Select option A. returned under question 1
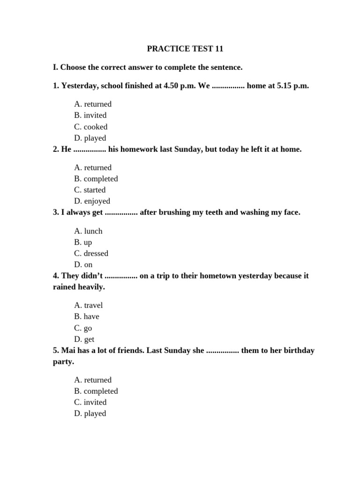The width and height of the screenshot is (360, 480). pyautogui.click(x=93, y=104)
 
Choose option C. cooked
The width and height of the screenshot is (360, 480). pyautogui.click(x=91, y=127)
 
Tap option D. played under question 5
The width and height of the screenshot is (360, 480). pyautogui.click(x=90, y=413)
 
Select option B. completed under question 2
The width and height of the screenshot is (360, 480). pyautogui.click(x=96, y=179)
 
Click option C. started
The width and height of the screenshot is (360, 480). pyautogui.click(x=90, y=190)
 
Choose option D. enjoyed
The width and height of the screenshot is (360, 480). pyautogui.click(x=92, y=201)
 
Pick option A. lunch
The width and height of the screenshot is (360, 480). pyautogui.click(x=88, y=231)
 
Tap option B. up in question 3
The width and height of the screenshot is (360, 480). pyautogui.click(x=83, y=242)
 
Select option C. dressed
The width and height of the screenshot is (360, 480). pyautogui.click(x=91, y=254)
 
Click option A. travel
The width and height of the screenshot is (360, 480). pyautogui.click(x=88, y=305)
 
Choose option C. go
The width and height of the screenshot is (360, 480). pyautogui.click(x=83, y=328)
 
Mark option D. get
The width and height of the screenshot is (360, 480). pyautogui.click(x=84, y=339)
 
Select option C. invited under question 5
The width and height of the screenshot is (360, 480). pyautogui.click(x=90, y=402)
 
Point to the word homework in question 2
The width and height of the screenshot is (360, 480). pyautogui.click(x=143, y=150)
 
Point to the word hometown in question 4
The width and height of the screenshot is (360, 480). pyautogui.click(x=221, y=276)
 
